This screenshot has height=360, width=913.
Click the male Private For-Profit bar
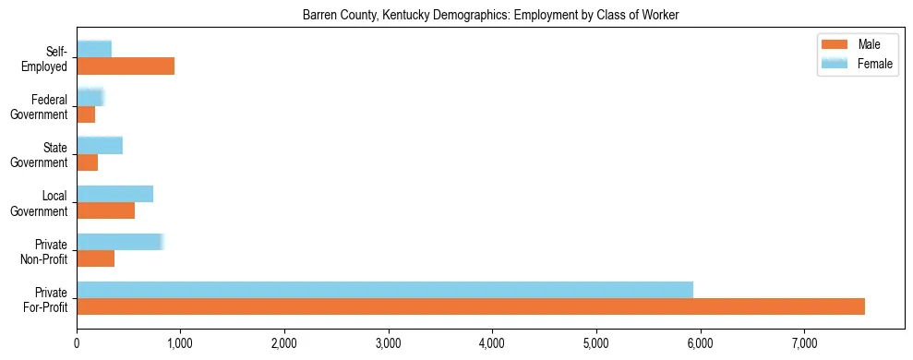[x=471, y=306]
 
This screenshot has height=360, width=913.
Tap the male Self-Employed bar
[x=126, y=66]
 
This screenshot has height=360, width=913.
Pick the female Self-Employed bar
[x=94, y=49]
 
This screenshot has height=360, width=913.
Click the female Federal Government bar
[x=90, y=97]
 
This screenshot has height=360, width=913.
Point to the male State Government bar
[x=88, y=162]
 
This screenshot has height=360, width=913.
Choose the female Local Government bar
[x=114, y=193]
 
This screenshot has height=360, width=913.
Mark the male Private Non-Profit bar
[x=96, y=258]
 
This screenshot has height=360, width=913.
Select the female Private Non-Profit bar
[x=120, y=241]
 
